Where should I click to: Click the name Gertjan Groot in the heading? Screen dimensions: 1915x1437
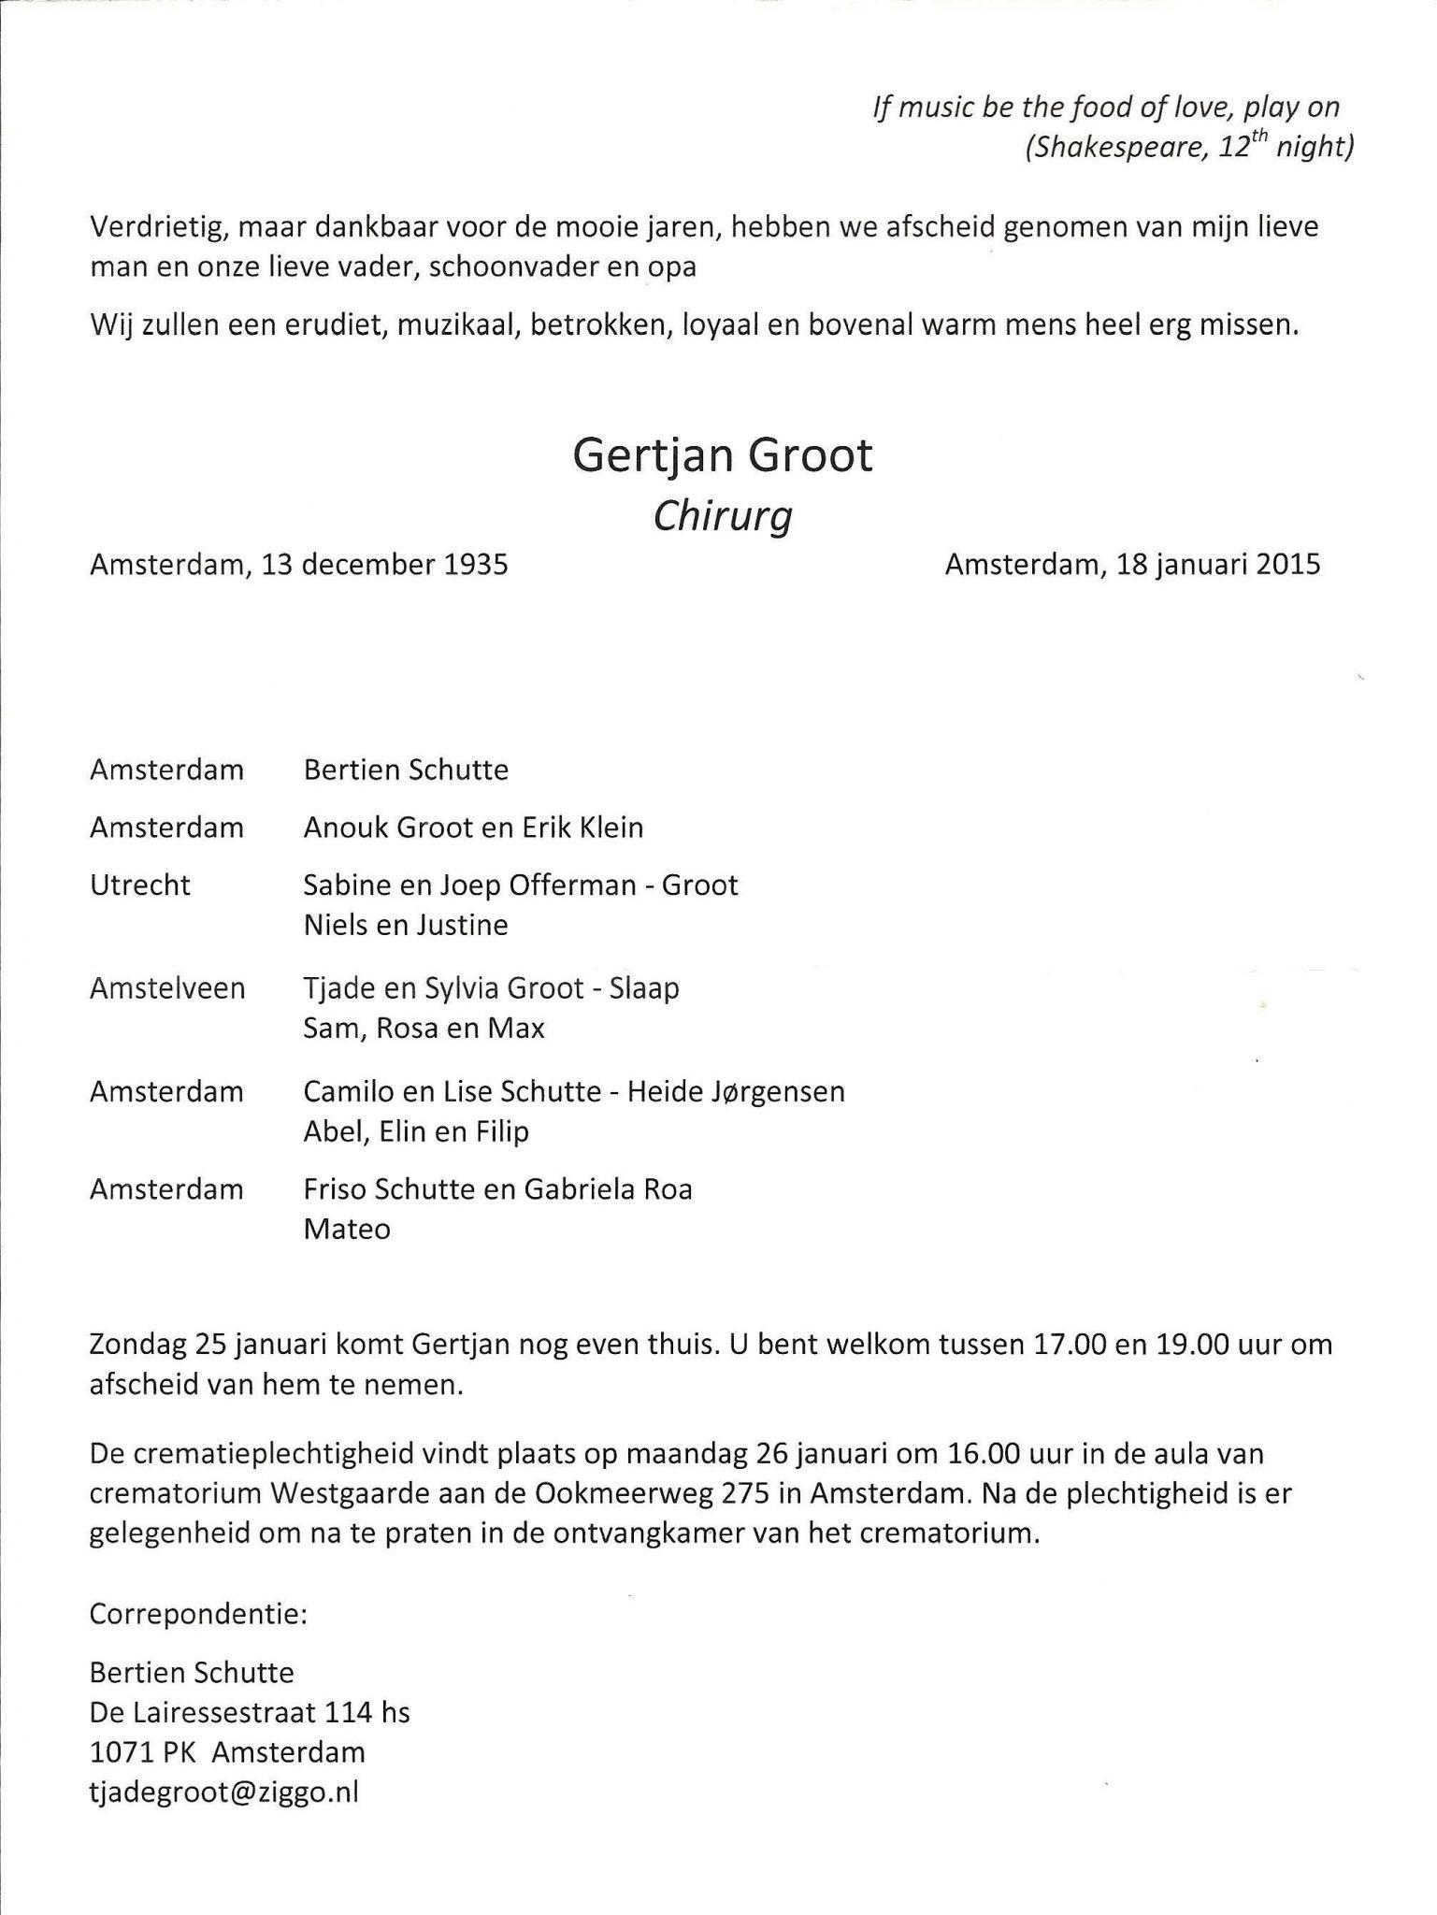[722, 456]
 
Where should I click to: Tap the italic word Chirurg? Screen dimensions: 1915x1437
[722, 516]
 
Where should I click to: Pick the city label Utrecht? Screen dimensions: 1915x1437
[140, 885]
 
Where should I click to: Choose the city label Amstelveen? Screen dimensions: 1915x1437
[167, 988]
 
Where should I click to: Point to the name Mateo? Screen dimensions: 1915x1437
[347, 1229]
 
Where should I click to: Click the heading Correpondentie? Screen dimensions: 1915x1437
[198, 1614]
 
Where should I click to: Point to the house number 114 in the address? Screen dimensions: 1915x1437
[349, 1712]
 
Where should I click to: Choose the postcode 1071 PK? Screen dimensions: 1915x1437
[141, 1752]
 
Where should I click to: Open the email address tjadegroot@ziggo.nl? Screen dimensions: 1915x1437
[224, 1793]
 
